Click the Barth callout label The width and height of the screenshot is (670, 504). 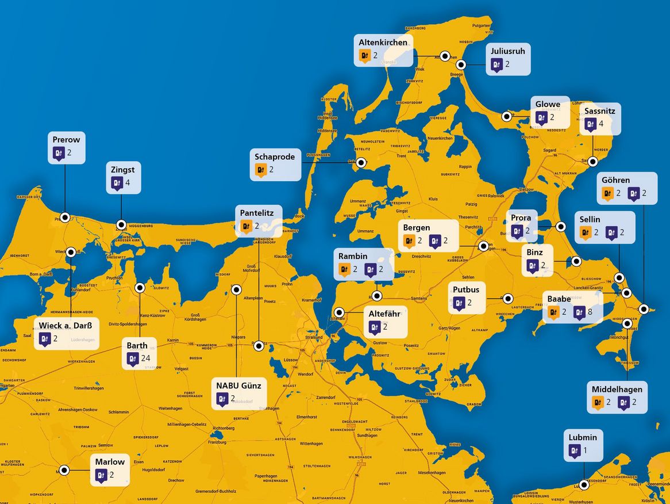click(x=137, y=346)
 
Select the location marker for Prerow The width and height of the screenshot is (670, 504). click(x=65, y=217)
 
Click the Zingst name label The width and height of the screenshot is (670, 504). click(x=124, y=170)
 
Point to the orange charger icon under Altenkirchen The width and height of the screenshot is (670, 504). click(x=364, y=56)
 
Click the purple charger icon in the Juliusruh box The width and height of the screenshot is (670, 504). click(x=496, y=64)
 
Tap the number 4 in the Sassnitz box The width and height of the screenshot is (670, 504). click(x=601, y=124)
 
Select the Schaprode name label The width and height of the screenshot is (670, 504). click(x=275, y=156)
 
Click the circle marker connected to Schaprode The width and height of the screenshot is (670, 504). click(x=361, y=163)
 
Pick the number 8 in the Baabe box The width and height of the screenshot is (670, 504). click(x=590, y=312)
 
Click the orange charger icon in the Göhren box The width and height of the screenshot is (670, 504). click(x=607, y=194)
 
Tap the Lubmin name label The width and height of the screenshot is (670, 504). click(x=583, y=437)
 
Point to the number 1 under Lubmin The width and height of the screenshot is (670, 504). click(x=586, y=450)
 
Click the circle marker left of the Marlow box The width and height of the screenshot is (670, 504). click(x=65, y=470)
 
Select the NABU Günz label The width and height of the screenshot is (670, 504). click(x=238, y=385)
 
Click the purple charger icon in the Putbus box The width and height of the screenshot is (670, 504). click(x=459, y=303)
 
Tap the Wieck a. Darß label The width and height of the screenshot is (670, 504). click(x=66, y=325)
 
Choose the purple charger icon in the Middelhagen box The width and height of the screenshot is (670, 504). click(x=623, y=403)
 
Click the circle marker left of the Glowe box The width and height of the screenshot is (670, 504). click(x=507, y=116)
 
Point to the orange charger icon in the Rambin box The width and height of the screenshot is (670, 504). click(x=345, y=269)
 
